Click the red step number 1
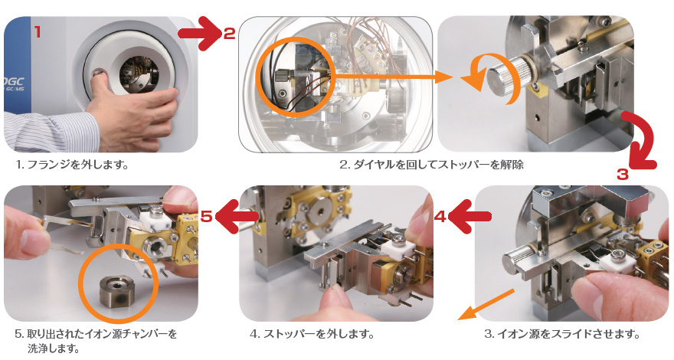click(38, 32)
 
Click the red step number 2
click(230, 34)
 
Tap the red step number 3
click(623, 175)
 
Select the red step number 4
click(440, 216)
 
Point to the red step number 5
click(207, 216)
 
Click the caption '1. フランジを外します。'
click(72, 165)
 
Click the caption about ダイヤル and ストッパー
click(431, 165)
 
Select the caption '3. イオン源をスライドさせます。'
click(562, 334)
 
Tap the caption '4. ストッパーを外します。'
click(312, 334)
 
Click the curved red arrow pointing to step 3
click(643, 139)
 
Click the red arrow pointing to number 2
click(200, 33)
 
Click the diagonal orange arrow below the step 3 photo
click(486, 305)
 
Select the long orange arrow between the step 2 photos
click(391, 77)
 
